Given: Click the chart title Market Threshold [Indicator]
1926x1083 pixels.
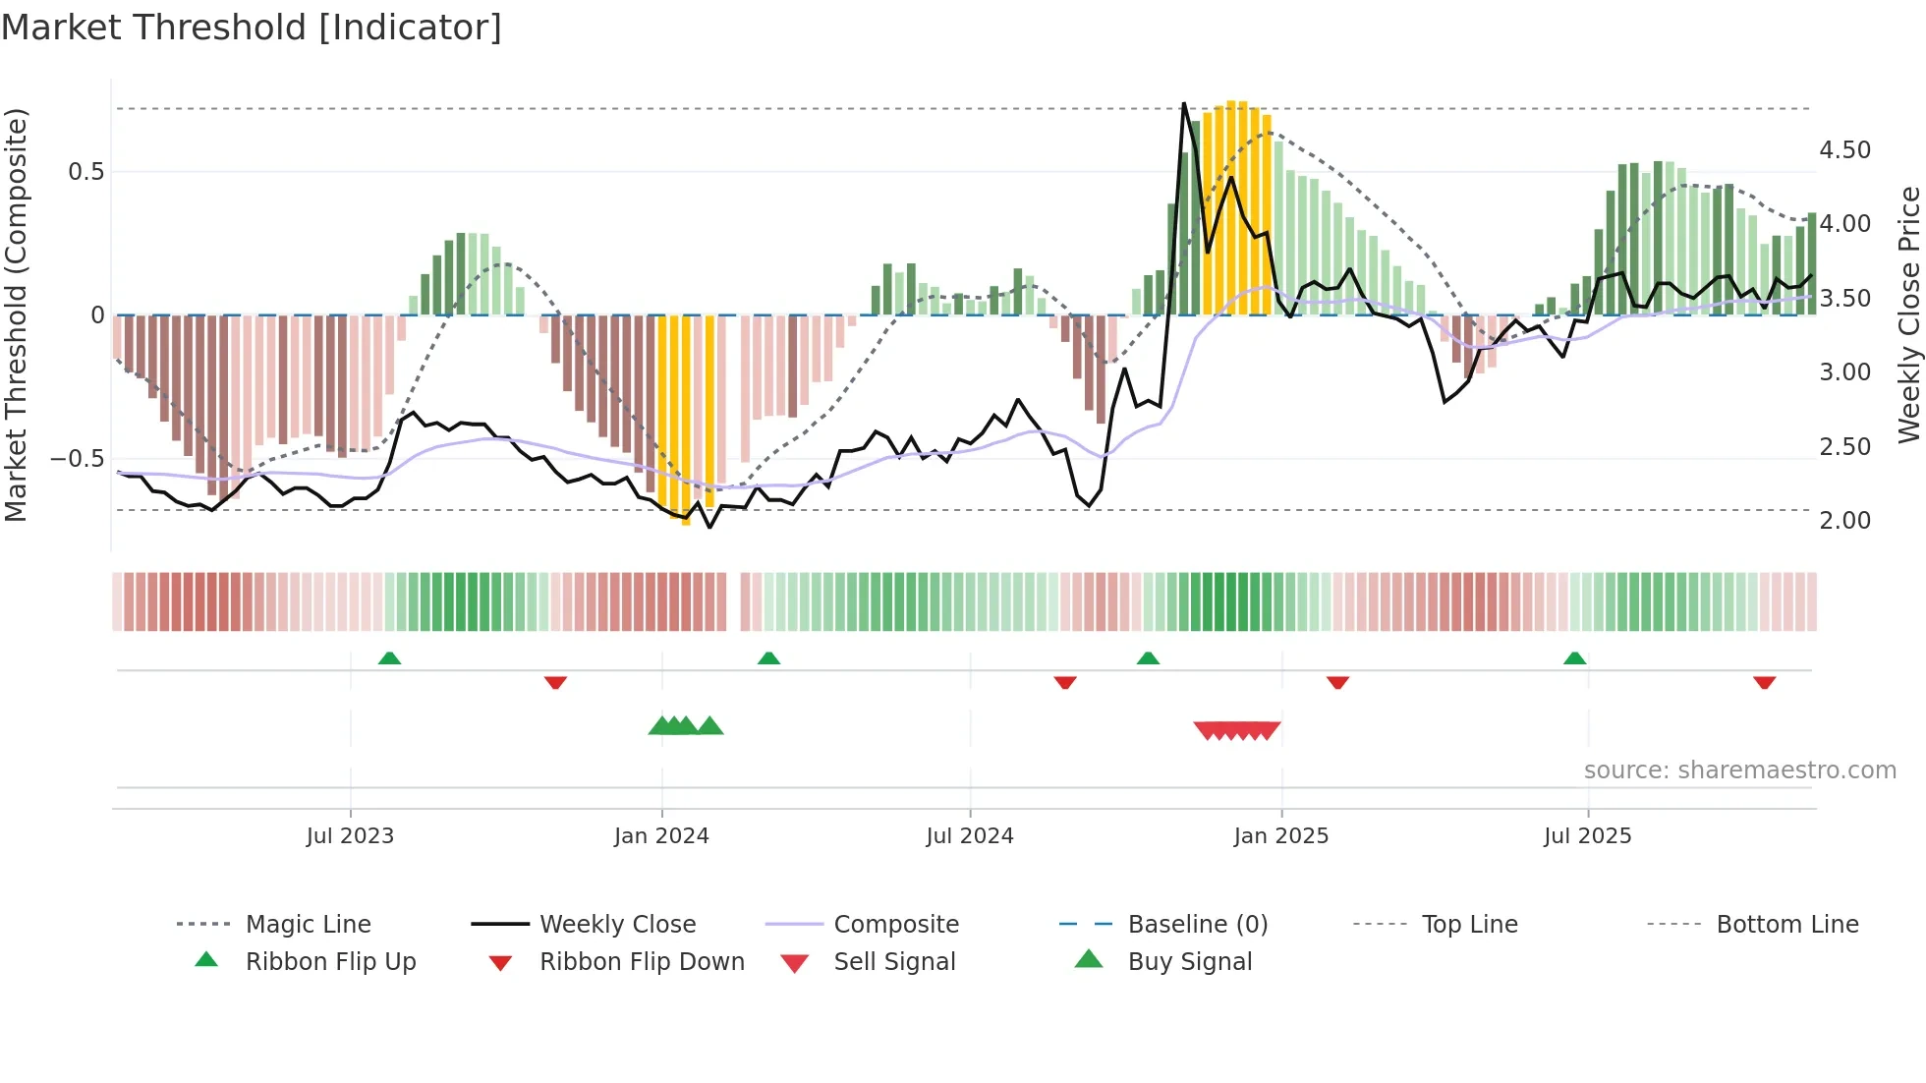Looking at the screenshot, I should pos(252,28).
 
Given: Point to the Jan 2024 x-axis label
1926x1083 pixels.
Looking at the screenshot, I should pos(661,836).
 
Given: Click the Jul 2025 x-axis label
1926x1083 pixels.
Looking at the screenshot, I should pos(1587,836).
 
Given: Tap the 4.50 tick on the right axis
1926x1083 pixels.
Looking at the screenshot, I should pos(1844,150).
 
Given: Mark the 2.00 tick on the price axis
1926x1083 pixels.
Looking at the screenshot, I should pos(1844,521).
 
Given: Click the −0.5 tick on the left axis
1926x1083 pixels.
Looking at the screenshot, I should pos(77,459).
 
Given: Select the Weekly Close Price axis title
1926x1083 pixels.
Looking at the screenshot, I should pos(1908,314).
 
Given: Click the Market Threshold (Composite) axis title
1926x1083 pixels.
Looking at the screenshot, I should pos(16,314).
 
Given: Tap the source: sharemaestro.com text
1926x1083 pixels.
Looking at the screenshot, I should pos(1739,770).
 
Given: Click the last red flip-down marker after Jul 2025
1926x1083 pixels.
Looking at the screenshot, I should pos(1764,682).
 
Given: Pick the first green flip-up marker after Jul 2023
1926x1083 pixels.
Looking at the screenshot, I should pos(389,658).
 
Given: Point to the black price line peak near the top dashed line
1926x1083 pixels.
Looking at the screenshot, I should pos(1183,104).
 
